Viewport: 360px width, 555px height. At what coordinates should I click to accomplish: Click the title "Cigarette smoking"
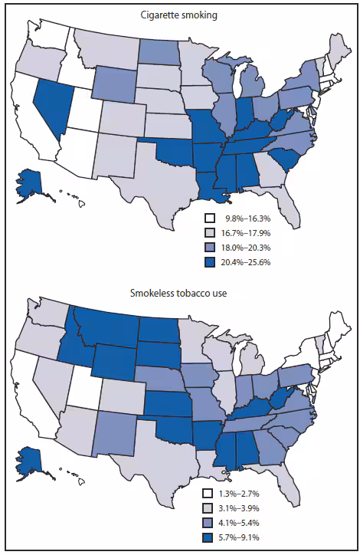(x=180, y=15)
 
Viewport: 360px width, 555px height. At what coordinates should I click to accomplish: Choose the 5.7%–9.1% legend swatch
(x=208, y=537)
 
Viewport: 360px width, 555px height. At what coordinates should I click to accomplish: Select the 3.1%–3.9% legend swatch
(x=208, y=507)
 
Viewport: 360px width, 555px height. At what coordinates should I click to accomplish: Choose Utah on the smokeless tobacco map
(x=82, y=387)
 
